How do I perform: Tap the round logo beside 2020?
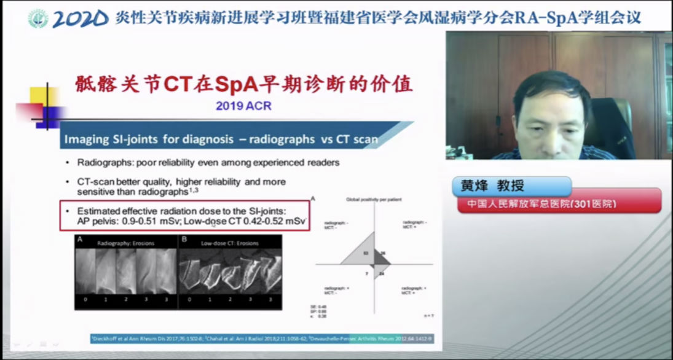click(x=38, y=18)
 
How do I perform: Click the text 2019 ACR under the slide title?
click(x=243, y=106)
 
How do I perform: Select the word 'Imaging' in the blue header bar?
click(x=83, y=139)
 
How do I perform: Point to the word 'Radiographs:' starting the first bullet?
click(x=101, y=163)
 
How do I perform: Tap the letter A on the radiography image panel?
click(x=79, y=241)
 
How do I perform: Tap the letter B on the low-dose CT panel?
click(x=184, y=241)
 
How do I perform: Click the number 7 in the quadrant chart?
click(x=366, y=273)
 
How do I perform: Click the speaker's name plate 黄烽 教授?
click(x=492, y=186)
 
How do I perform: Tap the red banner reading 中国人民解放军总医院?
click(x=541, y=203)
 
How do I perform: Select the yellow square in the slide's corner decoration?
click(x=44, y=96)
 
